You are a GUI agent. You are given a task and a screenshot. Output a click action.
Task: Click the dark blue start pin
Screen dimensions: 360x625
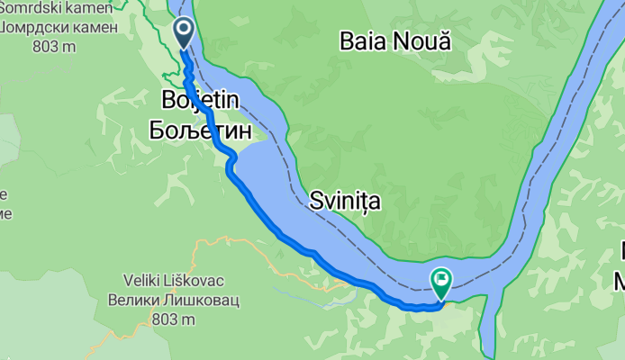pos(184,32)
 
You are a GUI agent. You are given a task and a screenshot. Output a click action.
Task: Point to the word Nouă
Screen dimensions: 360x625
pos(422,40)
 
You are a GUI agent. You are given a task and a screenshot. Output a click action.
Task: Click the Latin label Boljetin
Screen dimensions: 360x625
pos(200,100)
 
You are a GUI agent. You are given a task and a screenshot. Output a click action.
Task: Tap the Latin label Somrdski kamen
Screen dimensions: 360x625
pos(58,8)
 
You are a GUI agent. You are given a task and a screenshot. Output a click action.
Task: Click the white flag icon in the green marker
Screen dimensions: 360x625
pos(442,279)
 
